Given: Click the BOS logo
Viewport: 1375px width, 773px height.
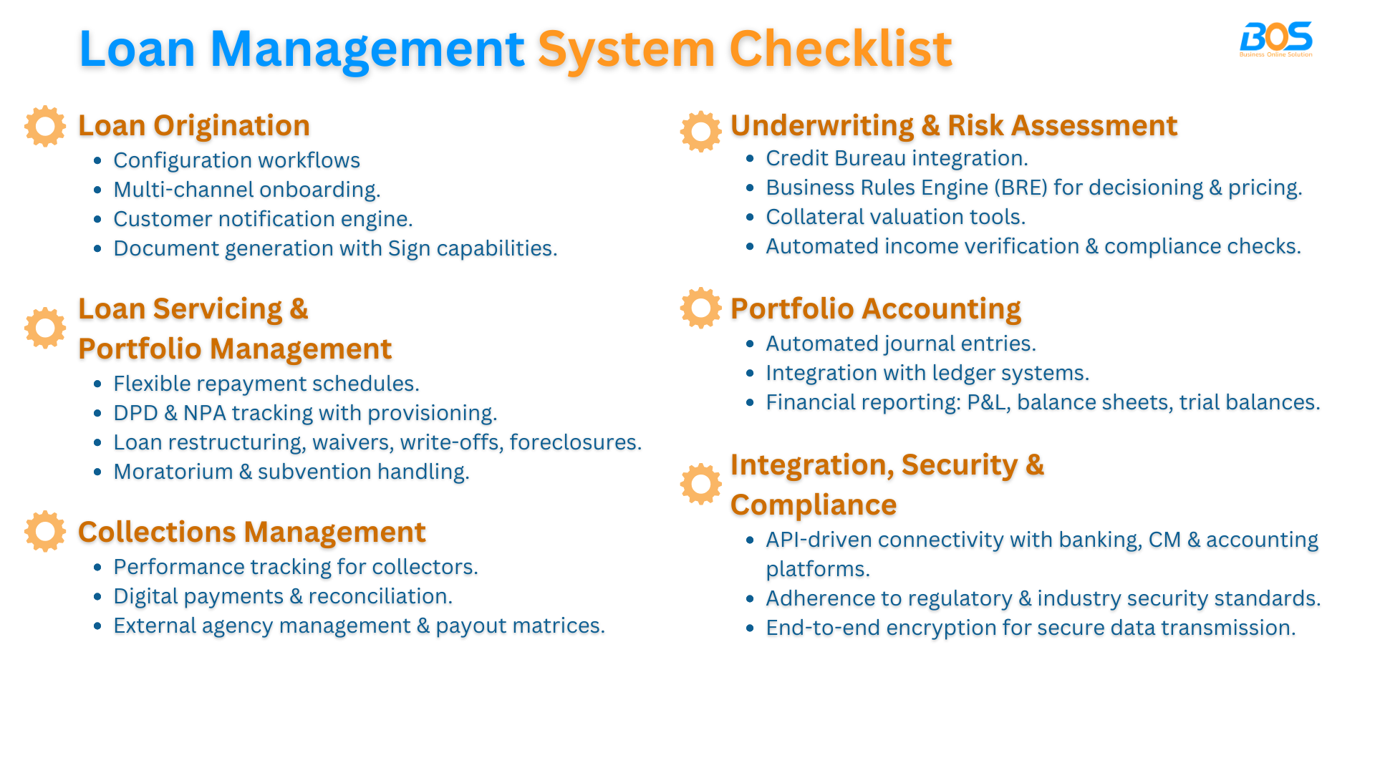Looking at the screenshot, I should tap(1275, 39).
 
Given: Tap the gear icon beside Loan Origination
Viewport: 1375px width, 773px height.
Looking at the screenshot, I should tap(45, 127).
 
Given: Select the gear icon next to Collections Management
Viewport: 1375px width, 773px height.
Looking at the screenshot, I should tap(45, 531).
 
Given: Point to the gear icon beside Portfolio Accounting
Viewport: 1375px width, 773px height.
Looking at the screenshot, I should tap(700, 308).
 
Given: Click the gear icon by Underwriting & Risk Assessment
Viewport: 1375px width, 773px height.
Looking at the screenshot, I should tap(700, 132).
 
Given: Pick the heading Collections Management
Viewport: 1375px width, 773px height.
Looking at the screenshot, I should tap(251, 532).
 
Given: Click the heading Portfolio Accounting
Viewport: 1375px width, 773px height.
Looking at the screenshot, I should tap(875, 308).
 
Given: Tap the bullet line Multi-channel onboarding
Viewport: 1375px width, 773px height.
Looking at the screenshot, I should tap(246, 190).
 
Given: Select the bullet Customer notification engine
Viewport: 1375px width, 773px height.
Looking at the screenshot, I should tap(263, 219).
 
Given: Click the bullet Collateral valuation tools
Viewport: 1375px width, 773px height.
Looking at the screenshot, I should tap(895, 217).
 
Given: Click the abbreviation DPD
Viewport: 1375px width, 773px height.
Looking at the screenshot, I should tap(135, 413).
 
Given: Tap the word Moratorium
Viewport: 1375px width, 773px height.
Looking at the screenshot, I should tap(173, 472).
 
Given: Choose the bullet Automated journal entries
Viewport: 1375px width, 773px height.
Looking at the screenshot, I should tap(900, 344).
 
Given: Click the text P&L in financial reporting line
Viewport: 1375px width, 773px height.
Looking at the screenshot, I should tap(988, 402).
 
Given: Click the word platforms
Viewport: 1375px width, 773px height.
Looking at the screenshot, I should tap(817, 569).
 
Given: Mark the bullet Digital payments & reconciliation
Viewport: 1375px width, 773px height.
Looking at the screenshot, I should tap(282, 596).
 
